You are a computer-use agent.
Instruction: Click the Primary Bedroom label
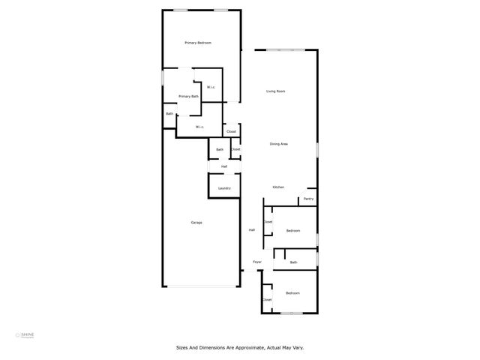(x=198, y=43)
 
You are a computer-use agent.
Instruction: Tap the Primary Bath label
(x=189, y=96)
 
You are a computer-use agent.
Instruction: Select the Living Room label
(x=276, y=91)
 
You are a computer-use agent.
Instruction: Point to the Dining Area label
(x=280, y=143)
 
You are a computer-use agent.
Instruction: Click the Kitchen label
(x=278, y=187)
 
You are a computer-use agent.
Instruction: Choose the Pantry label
(x=308, y=199)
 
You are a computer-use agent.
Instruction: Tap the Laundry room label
(x=224, y=187)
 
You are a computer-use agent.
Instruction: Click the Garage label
(x=196, y=223)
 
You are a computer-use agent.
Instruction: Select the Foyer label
(x=257, y=262)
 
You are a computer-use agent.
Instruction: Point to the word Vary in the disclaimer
(x=296, y=347)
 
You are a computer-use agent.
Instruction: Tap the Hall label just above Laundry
(x=224, y=166)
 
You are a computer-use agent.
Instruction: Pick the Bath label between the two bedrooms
(x=293, y=262)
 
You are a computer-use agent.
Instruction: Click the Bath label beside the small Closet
(x=220, y=149)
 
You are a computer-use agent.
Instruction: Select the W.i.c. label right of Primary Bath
(x=211, y=88)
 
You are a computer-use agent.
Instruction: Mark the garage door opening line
(x=202, y=286)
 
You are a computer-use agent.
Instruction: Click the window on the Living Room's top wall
(x=286, y=50)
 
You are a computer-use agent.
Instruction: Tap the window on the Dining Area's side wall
(x=317, y=149)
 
